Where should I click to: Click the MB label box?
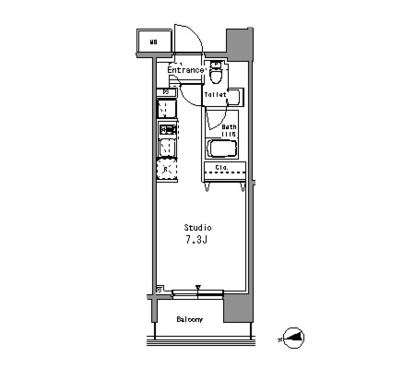click(154, 43)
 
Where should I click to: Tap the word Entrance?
click(186, 69)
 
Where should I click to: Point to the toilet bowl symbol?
click(217, 75)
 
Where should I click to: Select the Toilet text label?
click(215, 95)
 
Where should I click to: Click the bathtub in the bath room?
click(224, 149)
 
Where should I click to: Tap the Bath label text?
click(230, 127)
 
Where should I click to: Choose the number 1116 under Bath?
click(229, 134)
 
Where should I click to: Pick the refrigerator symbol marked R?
click(167, 170)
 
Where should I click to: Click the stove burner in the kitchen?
click(167, 130)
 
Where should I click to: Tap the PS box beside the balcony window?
click(160, 290)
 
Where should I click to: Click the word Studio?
click(198, 228)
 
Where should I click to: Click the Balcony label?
click(190, 320)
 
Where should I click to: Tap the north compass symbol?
click(291, 337)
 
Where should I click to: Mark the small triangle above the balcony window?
click(199, 287)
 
